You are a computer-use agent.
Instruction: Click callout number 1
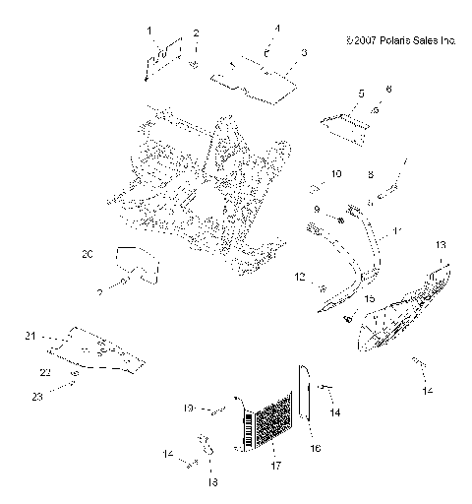click(150, 31)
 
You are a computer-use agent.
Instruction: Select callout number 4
click(277, 29)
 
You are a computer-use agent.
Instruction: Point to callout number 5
click(362, 93)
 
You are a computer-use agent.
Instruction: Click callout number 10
click(336, 173)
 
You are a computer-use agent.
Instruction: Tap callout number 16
click(317, 448)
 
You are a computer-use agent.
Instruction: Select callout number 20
click(115, 255)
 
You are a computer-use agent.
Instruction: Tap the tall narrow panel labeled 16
click(305, 403)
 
